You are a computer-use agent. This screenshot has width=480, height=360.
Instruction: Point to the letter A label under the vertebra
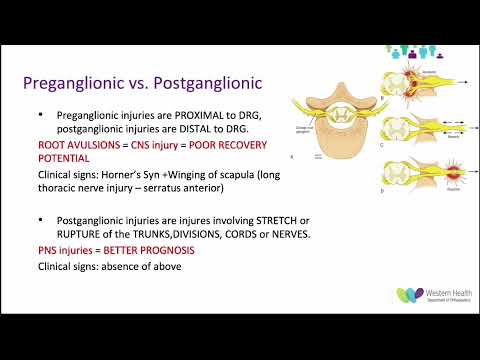point(290,158)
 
